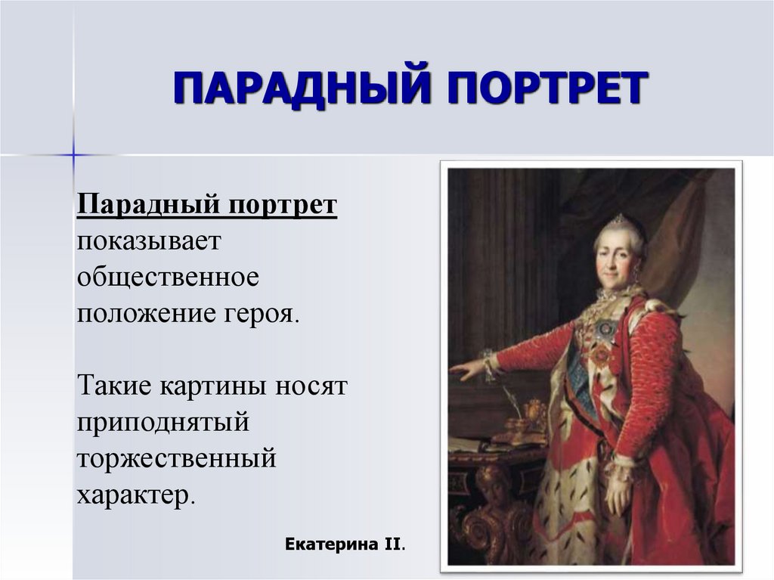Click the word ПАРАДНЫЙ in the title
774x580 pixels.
coord(298,88)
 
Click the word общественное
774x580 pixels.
coord(167,278)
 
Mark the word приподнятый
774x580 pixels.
coord(163,422)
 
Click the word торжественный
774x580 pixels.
coord(176,458)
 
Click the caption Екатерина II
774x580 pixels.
coord(345,544)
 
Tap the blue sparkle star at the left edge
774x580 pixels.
coord(73,156)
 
